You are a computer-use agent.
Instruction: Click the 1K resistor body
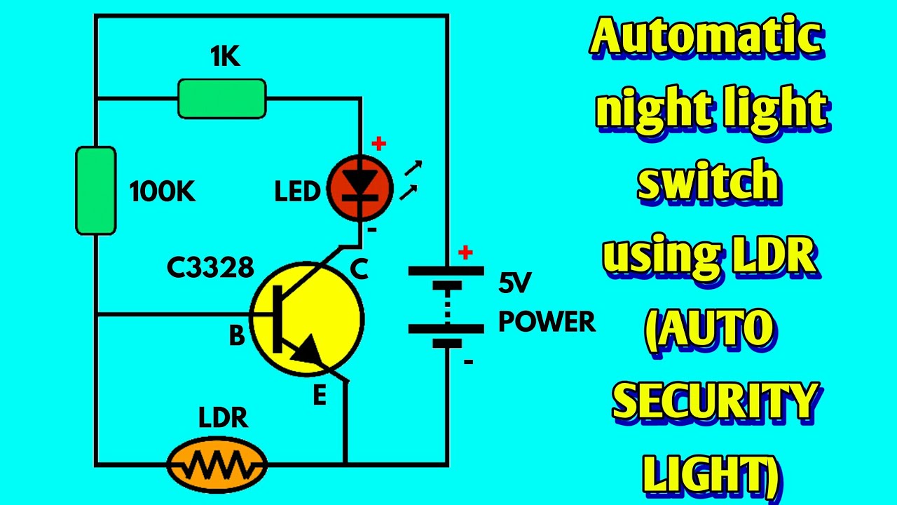click(x=222, y=99)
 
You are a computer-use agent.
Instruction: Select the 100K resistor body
click(x=96, y=190)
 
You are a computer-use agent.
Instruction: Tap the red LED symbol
click(x=360, y=187)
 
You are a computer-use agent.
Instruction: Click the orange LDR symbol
click(x=217, y=464)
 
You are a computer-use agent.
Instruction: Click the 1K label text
click(x=225, y=56)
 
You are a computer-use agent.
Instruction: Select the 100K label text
click(x=162, y=191)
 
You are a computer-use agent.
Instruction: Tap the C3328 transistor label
click(x=210, y=267)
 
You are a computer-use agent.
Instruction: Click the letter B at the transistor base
click(x=237, y=335)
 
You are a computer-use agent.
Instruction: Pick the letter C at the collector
click(x=359, y=269)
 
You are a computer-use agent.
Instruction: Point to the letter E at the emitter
click(x=320, y=395)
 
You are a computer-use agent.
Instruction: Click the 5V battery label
click(x=514, y=283)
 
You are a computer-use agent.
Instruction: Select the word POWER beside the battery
click(x=547, y=321)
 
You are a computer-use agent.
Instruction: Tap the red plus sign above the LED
click(x=378, y=144)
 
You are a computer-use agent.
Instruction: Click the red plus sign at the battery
click(x=465, y=252)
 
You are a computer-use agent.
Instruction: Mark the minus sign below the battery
click(x=469, y=362)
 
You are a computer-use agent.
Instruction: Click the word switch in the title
click(x=708, y=180)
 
